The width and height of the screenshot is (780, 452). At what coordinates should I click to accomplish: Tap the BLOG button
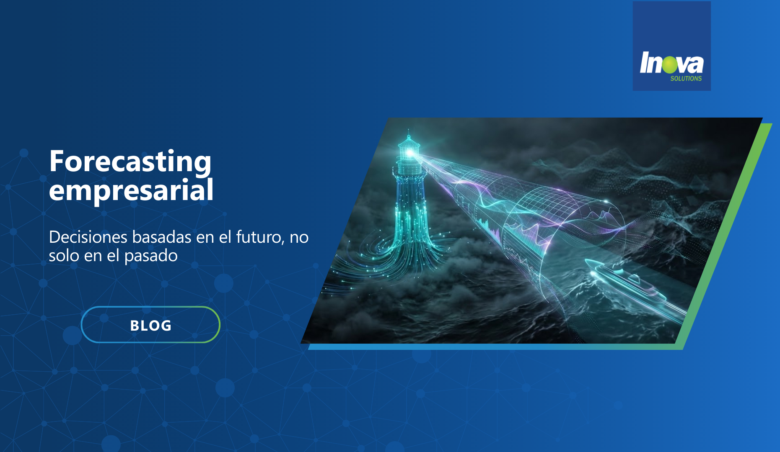(150, 325)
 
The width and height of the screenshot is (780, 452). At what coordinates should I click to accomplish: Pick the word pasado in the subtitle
(151, 256)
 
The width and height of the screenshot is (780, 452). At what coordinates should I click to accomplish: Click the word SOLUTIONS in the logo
(686, 78)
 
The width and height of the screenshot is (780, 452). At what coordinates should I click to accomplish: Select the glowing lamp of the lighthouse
(409, 153)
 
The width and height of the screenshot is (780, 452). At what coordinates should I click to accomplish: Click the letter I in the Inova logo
(645, 62)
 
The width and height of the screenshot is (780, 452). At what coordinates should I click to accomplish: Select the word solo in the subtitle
(64, 256)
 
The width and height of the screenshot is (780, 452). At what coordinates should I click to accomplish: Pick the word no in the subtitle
(299, 238)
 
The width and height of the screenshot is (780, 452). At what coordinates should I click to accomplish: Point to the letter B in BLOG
(135, 326)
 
